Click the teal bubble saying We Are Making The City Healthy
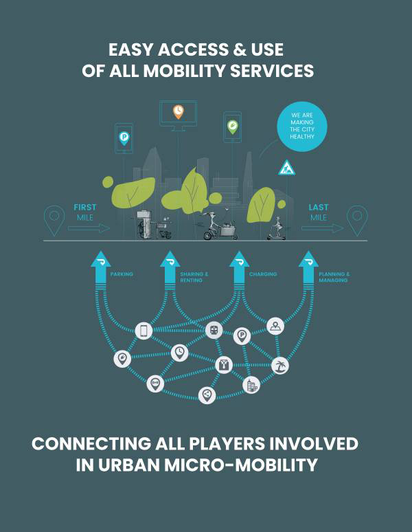302,126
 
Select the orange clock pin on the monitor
179,111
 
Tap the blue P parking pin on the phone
124,138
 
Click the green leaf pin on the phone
232,127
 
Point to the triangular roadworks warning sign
286,168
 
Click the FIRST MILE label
85,212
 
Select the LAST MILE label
319,212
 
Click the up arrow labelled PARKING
101,269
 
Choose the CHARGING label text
263,274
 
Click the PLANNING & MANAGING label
334,277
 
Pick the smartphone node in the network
144,331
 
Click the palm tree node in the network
280,366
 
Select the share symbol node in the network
207,395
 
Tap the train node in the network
214,330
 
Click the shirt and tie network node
224,365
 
